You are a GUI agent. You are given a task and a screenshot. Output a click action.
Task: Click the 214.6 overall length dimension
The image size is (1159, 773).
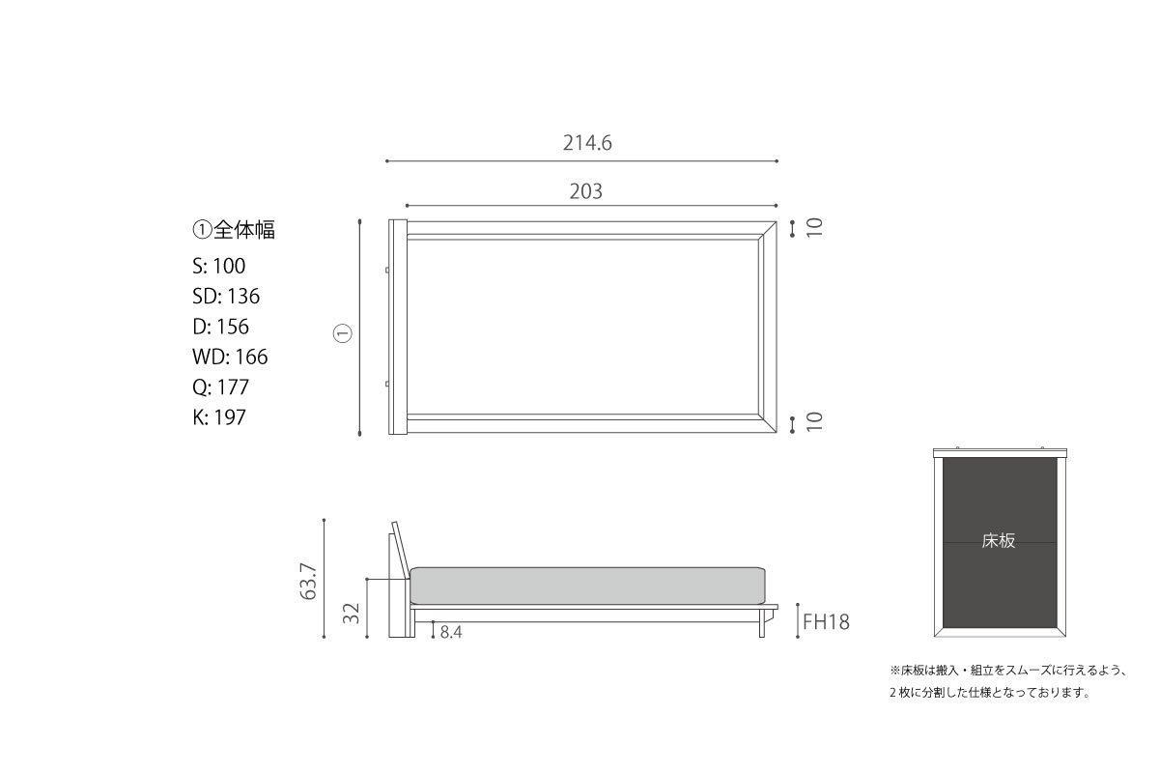click(587, 143)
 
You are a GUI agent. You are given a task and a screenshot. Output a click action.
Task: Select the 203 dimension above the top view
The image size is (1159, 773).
click(585, 191)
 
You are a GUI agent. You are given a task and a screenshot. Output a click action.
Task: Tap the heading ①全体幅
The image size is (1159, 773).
click(234, 229)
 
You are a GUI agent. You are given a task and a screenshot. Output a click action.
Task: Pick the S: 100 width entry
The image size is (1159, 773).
click(219, 266)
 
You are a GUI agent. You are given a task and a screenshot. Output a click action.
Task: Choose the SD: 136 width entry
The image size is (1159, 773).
click(226, 296)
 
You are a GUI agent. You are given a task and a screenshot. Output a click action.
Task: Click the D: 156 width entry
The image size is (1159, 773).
click(221, 327)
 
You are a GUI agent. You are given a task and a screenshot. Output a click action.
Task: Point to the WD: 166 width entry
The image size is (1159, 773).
click(230, 357)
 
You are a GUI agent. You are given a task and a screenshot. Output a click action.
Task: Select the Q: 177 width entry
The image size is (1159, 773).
click(221, 386)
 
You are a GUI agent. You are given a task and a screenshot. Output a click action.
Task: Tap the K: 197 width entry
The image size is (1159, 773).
click(219, 417)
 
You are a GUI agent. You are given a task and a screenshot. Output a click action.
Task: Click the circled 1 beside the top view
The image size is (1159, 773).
click(343, 333)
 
